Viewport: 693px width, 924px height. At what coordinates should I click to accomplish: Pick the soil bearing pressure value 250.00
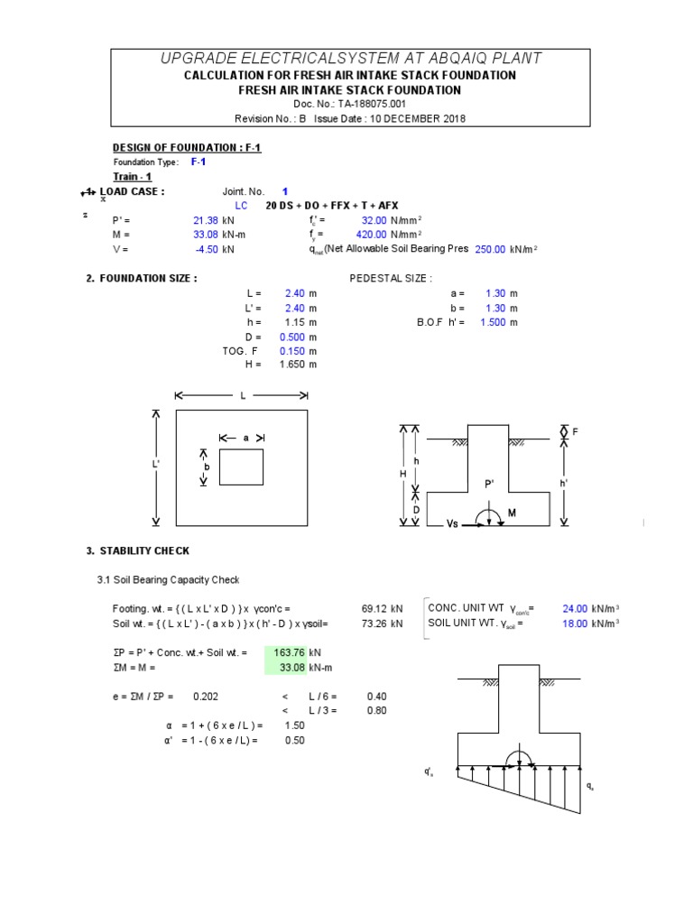pyautogui.click(x=491, y=249)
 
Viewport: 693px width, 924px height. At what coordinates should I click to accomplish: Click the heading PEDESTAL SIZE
pyautogui.click(x=390, y=279)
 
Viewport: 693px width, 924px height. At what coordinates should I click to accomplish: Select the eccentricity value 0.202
pyautogui.click(x=205, y=697)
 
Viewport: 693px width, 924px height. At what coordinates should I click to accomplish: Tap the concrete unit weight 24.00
pyautogui.click(x=575, y=609)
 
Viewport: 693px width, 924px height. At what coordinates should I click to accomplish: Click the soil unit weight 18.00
pyautogui.click(x=575, y=624)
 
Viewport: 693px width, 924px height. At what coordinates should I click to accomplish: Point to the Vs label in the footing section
pyautogui.click(x=454, y=523)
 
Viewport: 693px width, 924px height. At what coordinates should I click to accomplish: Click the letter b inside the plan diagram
pyautogui.click(x=207, y=467)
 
